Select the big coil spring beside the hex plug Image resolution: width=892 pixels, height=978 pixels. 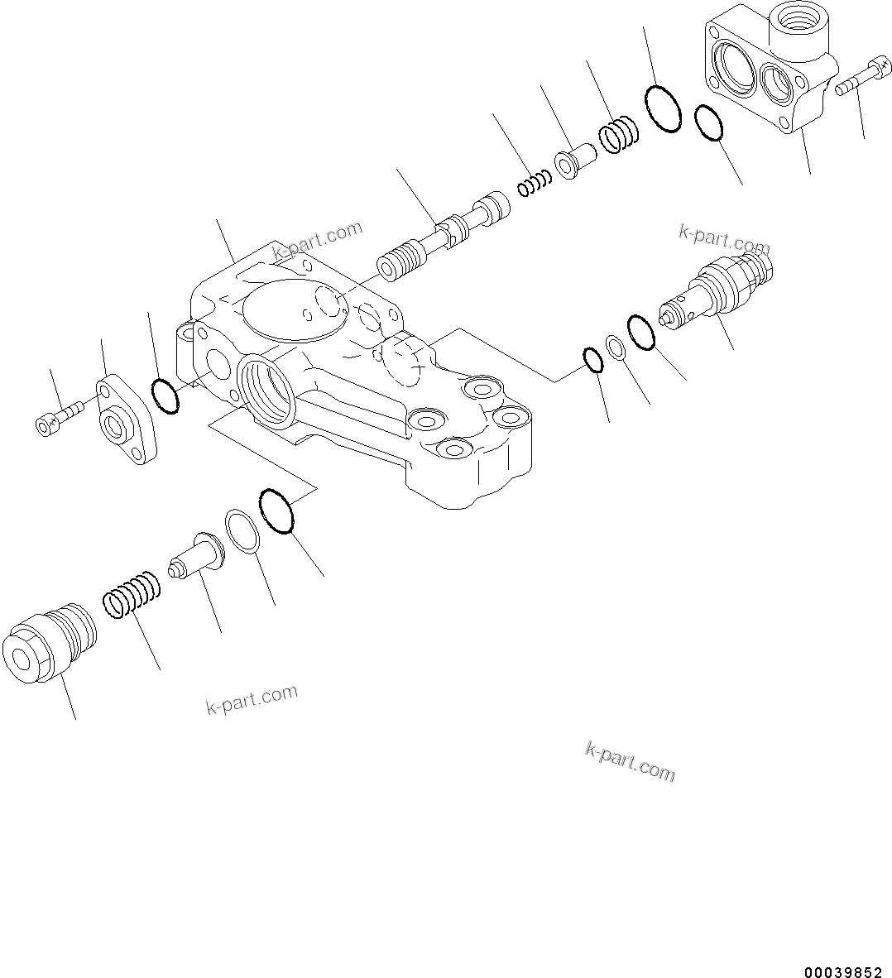(x=132, y=593)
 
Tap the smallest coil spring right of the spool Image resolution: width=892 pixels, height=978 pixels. (x=535, y=184)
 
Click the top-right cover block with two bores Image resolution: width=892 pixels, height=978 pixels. (x=770, y=74)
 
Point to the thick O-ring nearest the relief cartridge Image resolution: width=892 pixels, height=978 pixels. (x=642, y=332)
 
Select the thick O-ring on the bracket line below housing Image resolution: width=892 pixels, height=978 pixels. (x=276, y=511)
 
